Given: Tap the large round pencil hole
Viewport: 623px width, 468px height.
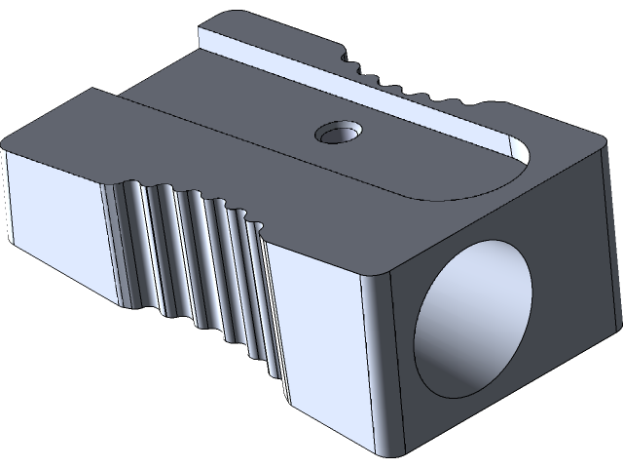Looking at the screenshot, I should click(x=474, y=321).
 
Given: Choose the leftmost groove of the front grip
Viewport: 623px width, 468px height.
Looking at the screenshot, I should click(x=131, y=244).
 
